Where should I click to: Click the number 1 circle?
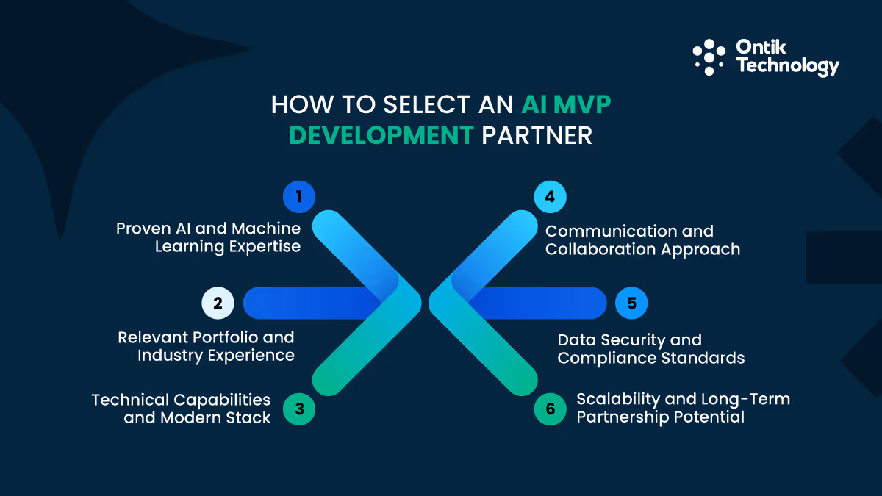[x=299, y=197]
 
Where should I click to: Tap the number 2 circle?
[x=218, y=303]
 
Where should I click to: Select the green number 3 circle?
[x=299, y=409]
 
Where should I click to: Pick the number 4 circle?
[x=551, y=197]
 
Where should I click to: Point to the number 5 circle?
[x=631, y=303]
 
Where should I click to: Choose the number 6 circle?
[x=551, y=409]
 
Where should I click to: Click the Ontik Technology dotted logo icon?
[x=709, y=57]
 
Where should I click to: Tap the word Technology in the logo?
[x=787, y=67]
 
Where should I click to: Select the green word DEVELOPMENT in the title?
[x=381, y=136]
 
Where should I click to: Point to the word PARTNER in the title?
[x=536, y=136]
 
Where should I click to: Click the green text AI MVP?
[x=566, y=105]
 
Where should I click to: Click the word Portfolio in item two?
[x=229, y=337]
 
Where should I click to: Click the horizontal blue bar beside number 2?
[x=309, y=303]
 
